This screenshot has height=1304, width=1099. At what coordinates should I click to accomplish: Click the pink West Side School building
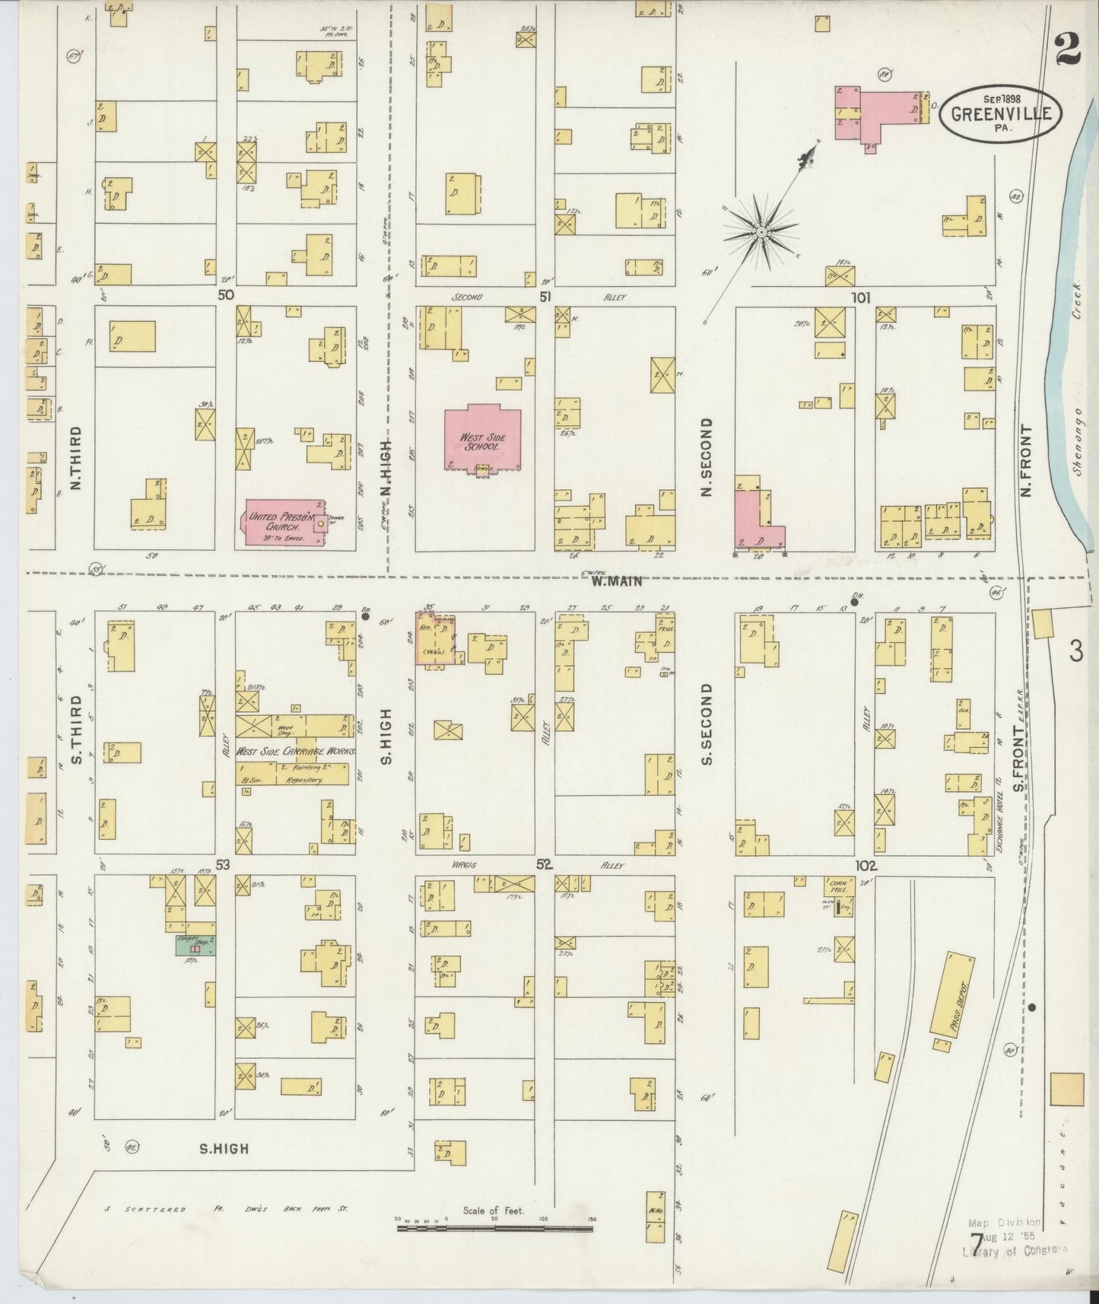pyautogui.click(x=484, y=440)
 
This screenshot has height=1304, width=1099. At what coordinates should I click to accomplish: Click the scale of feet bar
pyautogui.click(x=496, y=1226)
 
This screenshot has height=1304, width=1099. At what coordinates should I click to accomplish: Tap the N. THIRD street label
pyautogui.click(x=75, y=457)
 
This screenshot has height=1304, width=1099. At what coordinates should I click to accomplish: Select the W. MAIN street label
pyautogui.click(x=617, y=581)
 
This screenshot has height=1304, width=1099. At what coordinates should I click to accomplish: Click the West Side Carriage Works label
pyautogui.click(x=295, y=751)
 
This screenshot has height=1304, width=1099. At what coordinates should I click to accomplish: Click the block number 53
pyautogui.click(x=222, y=865)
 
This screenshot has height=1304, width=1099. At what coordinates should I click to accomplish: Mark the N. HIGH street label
pyautogui.click(x=386, y=468)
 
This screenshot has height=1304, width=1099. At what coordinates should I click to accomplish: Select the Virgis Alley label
pyautogui.click(x=467, y=865)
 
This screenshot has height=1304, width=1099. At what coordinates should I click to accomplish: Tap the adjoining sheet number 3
pyautogui.click(x=1075, y=651)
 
